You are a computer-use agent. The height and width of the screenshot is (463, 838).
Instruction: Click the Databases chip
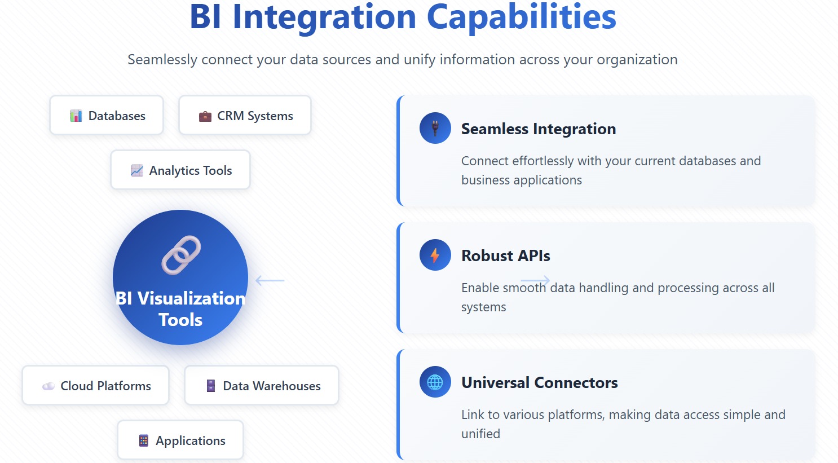pos(107,116)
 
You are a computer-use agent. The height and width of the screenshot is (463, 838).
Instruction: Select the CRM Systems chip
pos(245,116)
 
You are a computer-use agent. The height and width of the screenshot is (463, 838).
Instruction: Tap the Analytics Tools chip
pos(180,170)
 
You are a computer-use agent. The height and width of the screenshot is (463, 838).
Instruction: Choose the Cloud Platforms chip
pos(96,386)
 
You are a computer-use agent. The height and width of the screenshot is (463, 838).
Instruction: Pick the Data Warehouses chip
pos(262,386)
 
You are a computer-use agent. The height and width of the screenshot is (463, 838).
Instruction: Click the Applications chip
pos(180,440)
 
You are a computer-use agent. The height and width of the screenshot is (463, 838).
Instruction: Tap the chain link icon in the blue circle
pos(181,255)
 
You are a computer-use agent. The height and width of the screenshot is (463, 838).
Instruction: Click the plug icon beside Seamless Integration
pos(435,129)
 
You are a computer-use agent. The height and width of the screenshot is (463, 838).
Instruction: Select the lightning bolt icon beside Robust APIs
pos(435,255)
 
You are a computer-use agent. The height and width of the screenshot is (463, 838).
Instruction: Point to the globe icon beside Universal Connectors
pos(435,382)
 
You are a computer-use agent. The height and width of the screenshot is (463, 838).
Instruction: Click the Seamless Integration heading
pos(538,129)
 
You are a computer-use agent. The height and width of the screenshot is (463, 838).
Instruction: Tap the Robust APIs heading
pos(505,256)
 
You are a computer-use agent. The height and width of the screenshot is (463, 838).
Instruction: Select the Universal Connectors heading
pos(539,383)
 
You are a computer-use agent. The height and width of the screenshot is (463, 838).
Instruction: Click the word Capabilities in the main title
pos(521,17)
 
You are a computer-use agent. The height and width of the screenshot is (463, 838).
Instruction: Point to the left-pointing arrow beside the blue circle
pos(270,280)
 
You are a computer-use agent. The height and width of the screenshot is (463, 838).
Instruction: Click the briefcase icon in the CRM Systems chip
pos(205,116)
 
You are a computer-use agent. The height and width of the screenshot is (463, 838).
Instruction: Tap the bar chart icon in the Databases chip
pos(76,116)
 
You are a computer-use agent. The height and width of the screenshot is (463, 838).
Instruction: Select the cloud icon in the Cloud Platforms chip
pos(48,386)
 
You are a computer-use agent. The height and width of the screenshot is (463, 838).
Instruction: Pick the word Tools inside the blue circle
pos(180,320)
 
